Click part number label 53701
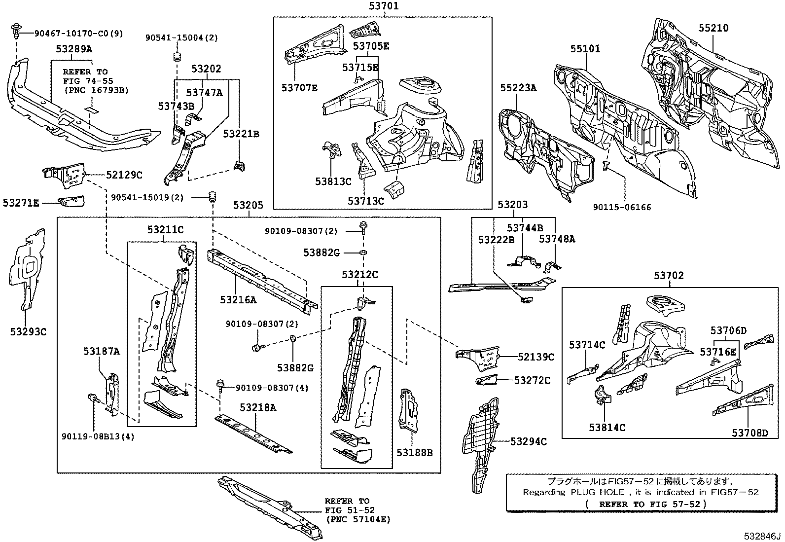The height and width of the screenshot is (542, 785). click(383, 6)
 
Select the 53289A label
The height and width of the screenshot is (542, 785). click(74, 49)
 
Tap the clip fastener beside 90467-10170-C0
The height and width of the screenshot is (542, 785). click(17, 34)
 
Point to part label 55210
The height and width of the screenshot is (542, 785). click(713, 28)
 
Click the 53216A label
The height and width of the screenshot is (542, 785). click(238, 299)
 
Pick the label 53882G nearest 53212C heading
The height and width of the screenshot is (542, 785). click(321, 253)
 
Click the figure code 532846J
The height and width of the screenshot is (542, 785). click(763, 536)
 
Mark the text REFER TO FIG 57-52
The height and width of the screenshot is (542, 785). click(645, 504)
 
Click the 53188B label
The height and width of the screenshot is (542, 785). click(414, 452)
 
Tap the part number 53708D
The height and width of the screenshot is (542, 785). click(749, 433)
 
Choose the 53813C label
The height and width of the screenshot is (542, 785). click(333, 181)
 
